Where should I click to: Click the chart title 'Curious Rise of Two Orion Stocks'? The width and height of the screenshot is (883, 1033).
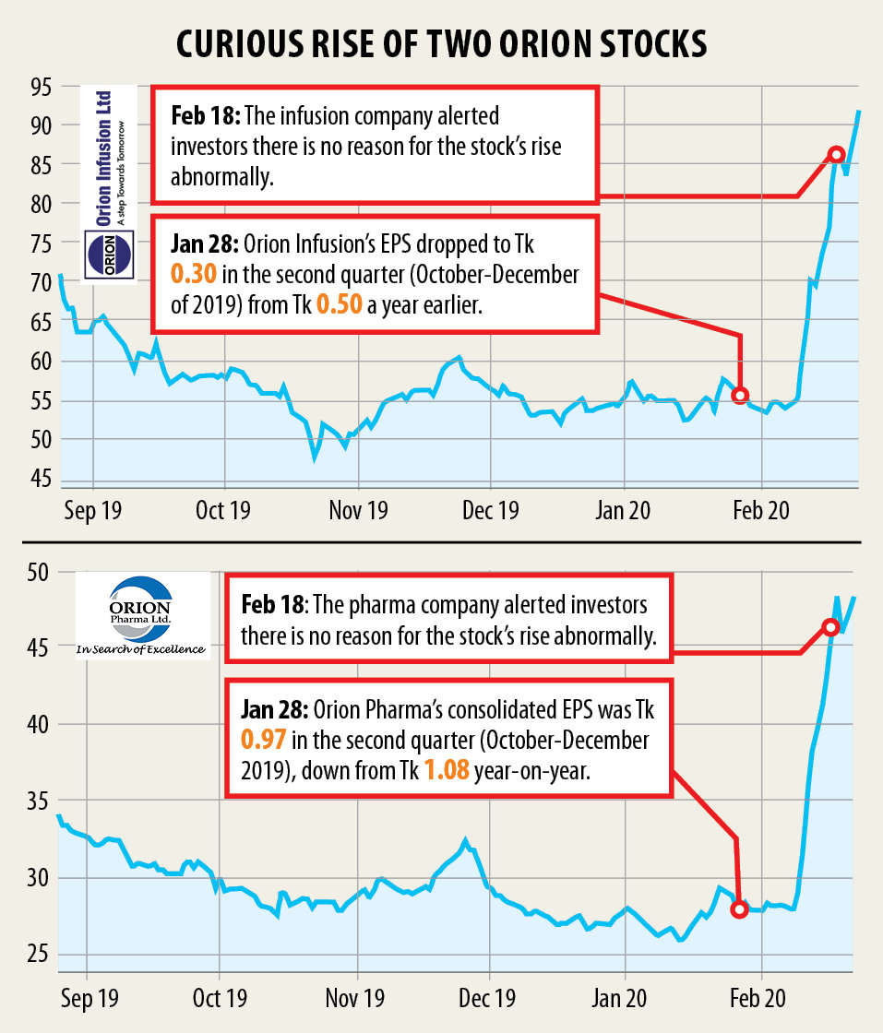(x=441, y=43)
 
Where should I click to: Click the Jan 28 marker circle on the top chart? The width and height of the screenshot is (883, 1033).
(x=740, y=395)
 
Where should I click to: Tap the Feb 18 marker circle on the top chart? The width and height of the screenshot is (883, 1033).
(x=836, y=154)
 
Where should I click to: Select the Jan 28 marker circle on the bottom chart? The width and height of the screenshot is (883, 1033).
(x=738, y=909)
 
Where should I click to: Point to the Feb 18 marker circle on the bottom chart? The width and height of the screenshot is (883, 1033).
(x=830, y=627)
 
